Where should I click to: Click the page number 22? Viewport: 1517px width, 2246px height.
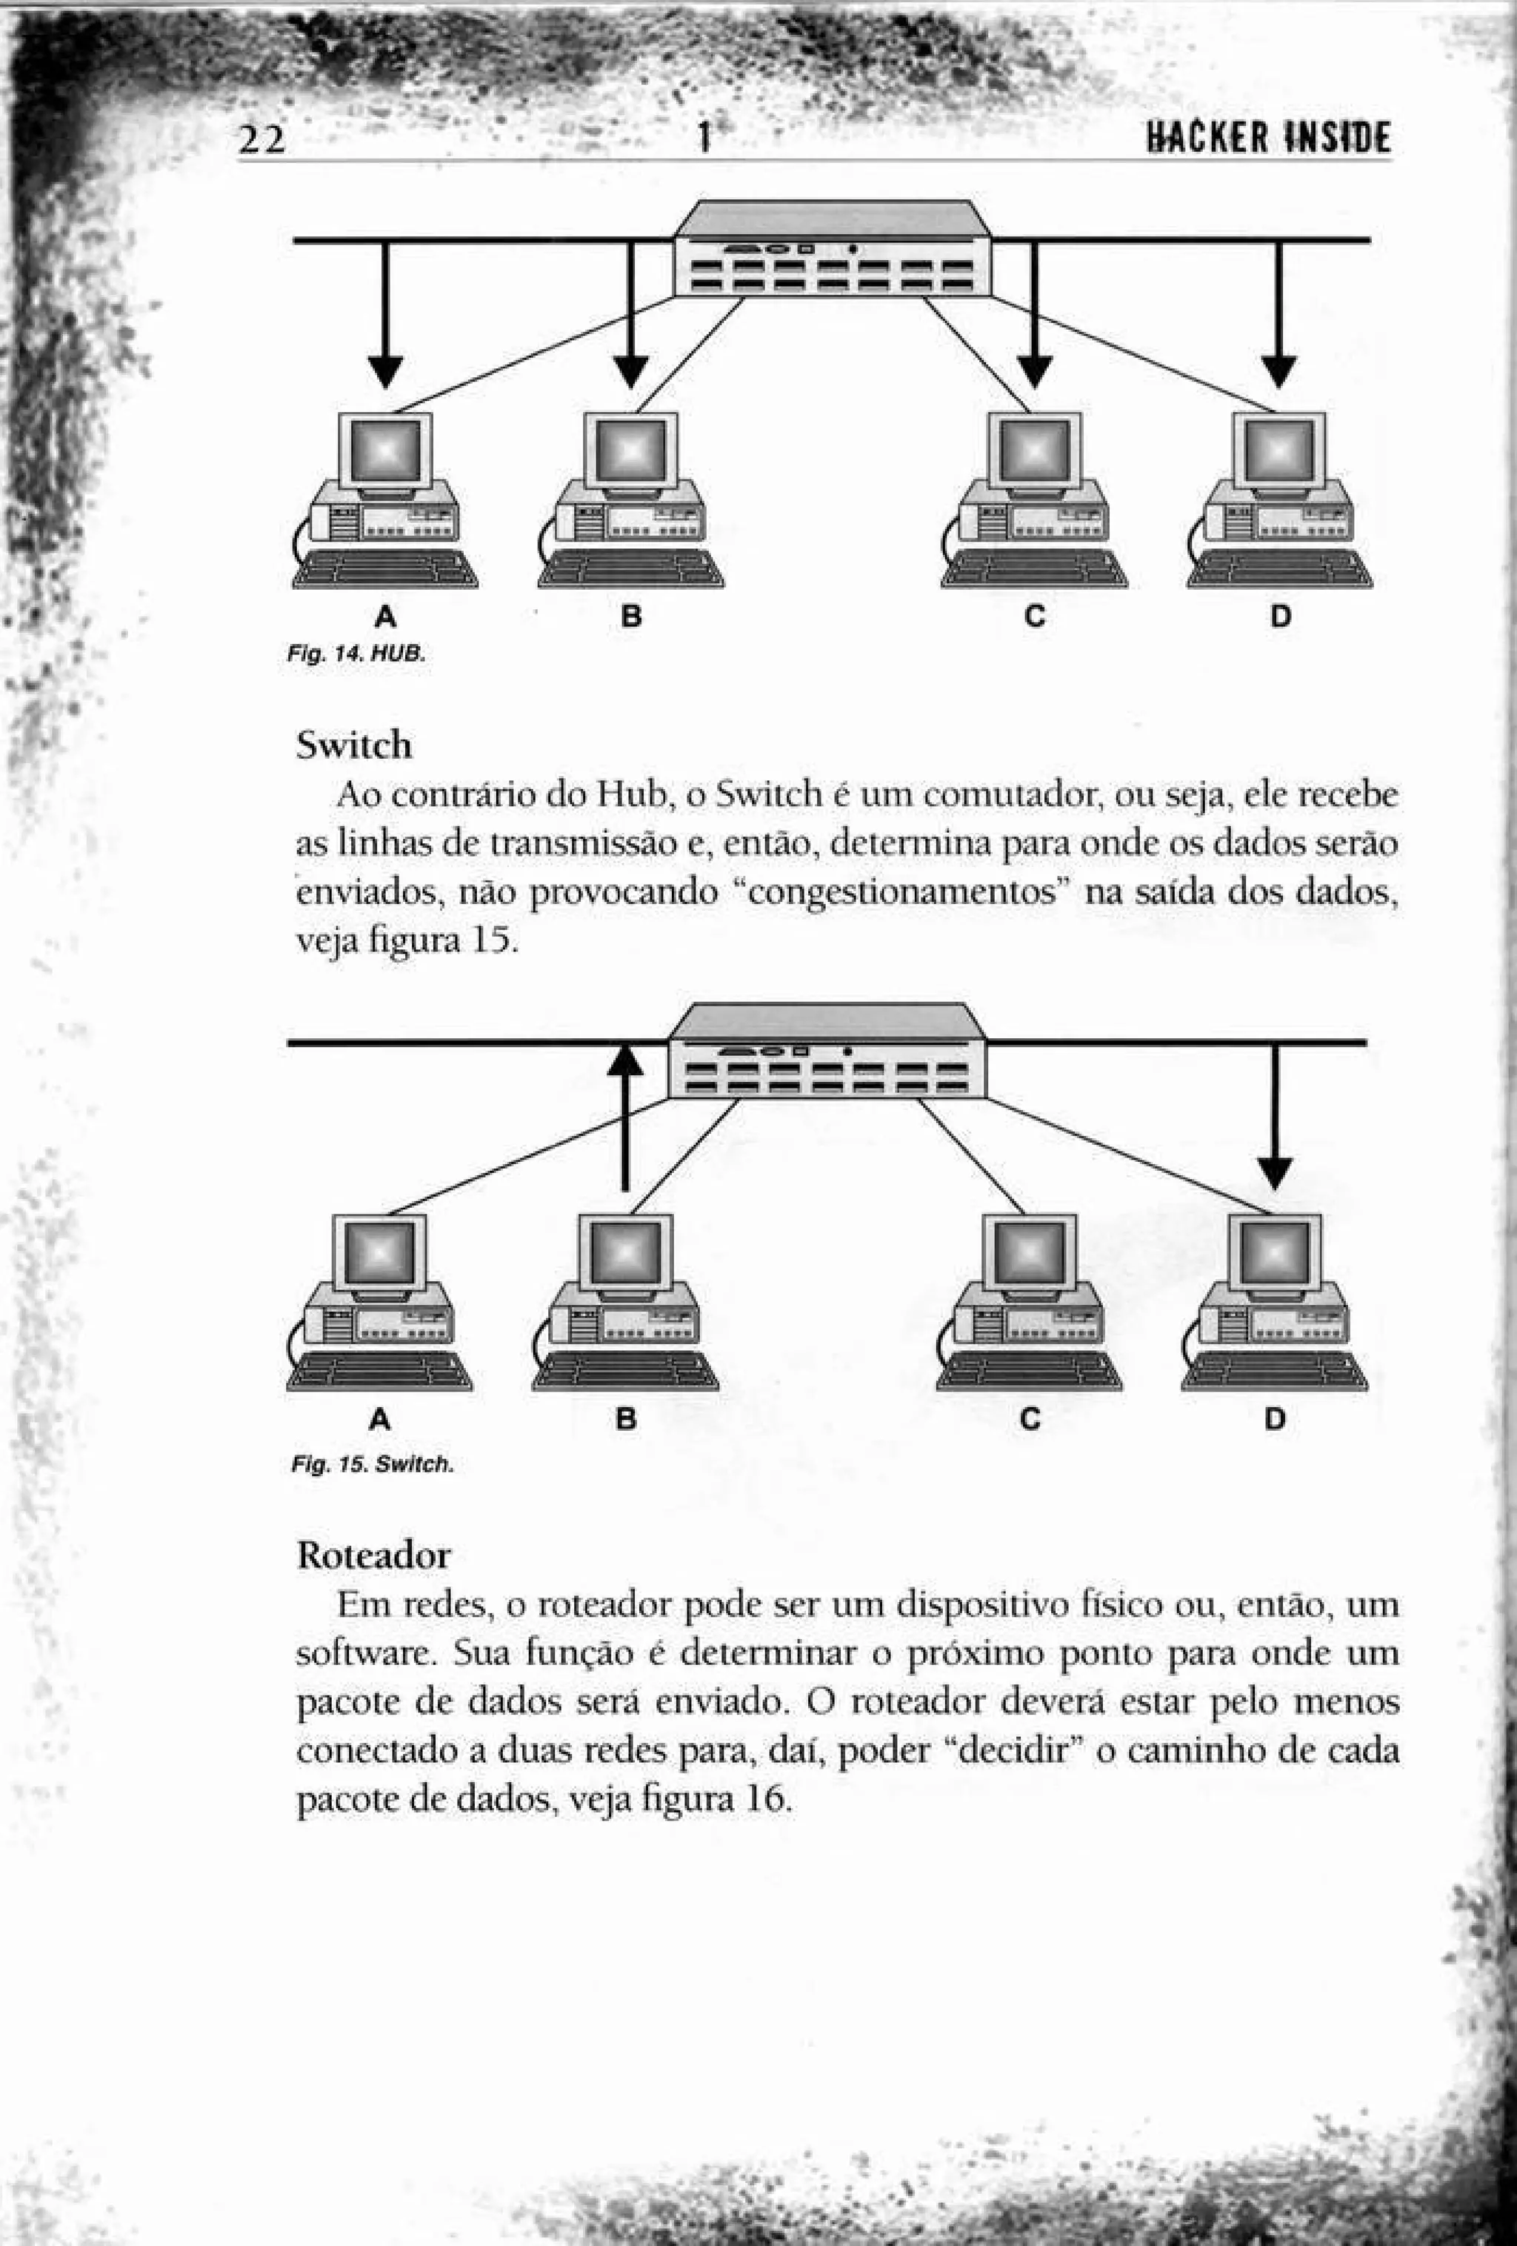click(263, 141)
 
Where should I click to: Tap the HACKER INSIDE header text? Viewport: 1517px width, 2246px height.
click(1267, 139)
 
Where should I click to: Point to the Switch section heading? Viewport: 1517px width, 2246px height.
click(353, 745)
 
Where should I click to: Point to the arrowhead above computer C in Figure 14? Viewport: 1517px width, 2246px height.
click(1034, 371)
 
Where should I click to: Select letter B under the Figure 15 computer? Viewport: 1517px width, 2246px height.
click(626, 1419)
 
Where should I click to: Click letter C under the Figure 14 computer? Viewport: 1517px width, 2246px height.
click(1034, 616)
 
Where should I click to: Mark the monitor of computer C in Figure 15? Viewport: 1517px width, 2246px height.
click(1028, 1255)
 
